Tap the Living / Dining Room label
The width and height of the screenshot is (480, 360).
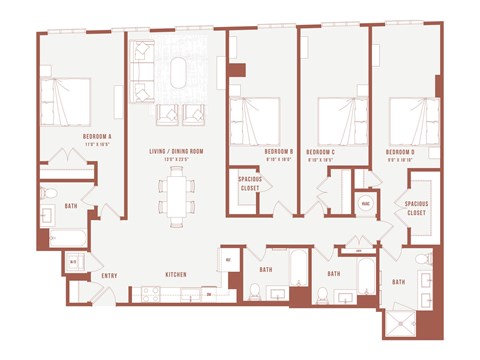click(177, 151)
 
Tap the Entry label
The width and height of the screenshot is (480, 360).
click(109, 273)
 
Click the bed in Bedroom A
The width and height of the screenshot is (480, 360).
click(65, 101)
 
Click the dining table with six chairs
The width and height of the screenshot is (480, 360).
click(176, 193)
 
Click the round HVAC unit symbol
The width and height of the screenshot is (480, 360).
click(366, 203)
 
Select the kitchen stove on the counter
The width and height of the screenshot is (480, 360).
click(151, 293)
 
